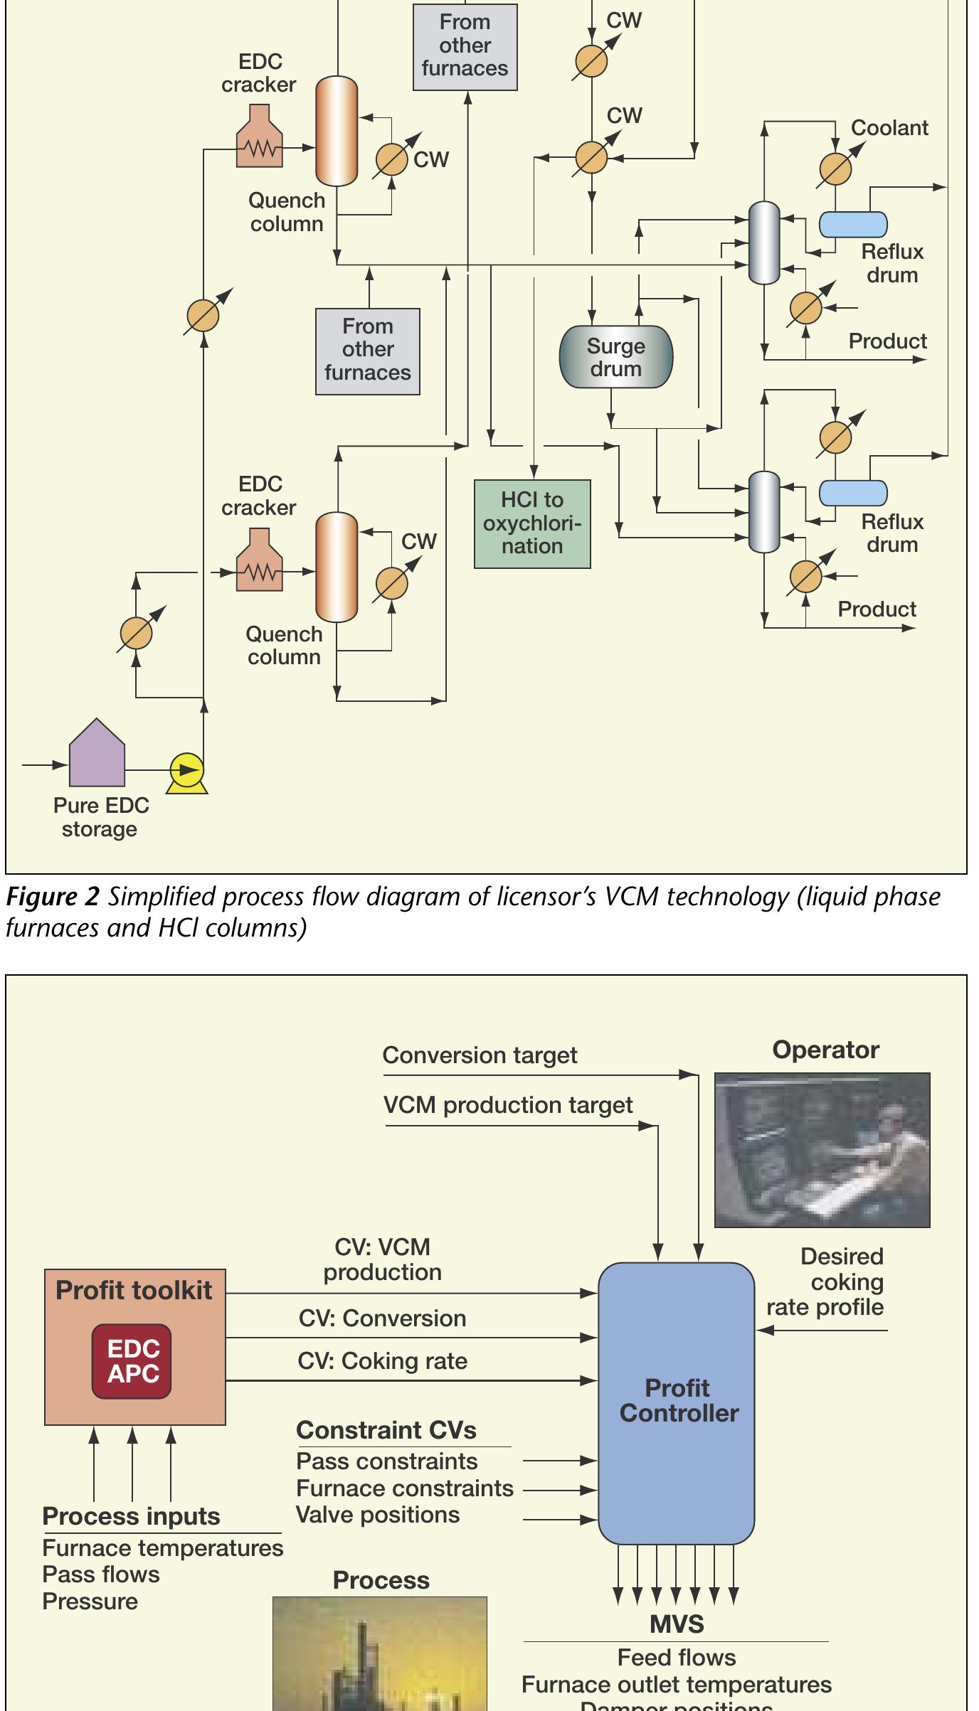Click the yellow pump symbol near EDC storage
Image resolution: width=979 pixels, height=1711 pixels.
187,771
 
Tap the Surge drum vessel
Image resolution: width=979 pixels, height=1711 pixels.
616,357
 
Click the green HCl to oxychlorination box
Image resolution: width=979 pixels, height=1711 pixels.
532,523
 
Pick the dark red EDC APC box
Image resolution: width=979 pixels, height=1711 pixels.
133,1361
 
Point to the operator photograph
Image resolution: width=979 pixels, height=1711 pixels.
822,1150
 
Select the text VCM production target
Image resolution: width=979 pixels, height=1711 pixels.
508,1105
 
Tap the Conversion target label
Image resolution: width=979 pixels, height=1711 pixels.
480,1055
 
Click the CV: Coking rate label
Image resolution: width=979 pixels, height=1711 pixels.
383,1361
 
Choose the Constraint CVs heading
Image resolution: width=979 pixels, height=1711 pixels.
386,1430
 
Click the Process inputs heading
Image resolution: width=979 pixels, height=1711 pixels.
131,1516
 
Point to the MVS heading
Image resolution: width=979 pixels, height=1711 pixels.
676,1624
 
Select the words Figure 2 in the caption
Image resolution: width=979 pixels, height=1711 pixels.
52,897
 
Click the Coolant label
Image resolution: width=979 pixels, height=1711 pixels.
889,128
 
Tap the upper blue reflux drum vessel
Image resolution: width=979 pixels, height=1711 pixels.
853,224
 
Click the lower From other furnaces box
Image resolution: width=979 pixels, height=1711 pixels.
368,351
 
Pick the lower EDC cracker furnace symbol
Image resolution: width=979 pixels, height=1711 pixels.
259,561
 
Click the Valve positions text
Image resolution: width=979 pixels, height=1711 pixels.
378,1515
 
